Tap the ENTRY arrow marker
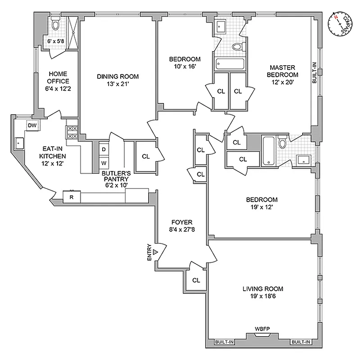155,252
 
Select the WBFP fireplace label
263,329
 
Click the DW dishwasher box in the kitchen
32,126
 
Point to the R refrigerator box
71,197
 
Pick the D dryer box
103,149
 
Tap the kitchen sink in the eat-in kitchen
20,144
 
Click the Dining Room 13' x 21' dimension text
118,84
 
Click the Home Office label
59,78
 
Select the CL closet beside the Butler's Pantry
145,157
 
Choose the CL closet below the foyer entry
196,280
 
